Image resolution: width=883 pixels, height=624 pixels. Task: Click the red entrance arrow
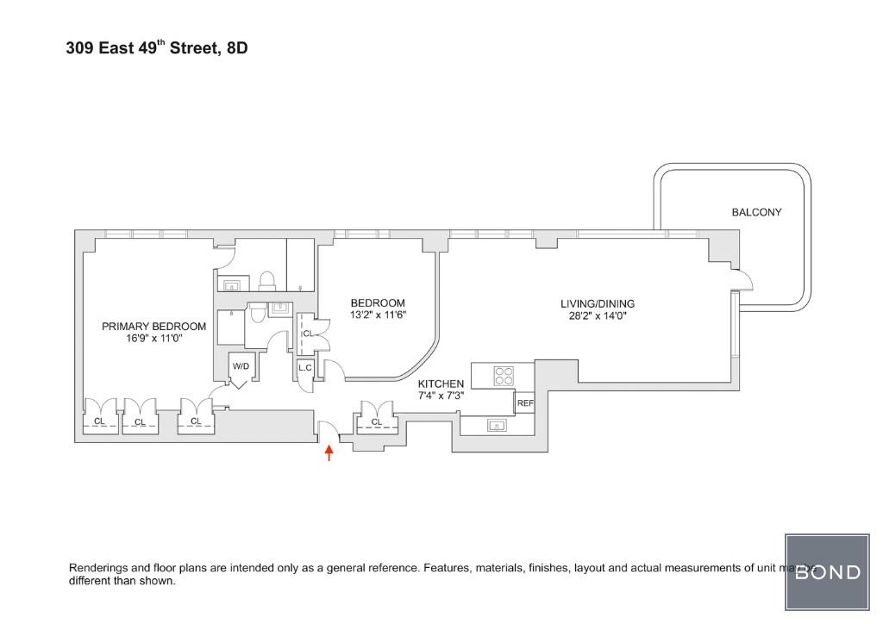pos(329,452)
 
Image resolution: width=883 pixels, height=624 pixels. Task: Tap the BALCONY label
pos(756,212)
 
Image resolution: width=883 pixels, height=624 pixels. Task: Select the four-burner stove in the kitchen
pos(504,377)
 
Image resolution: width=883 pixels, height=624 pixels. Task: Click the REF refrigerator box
pos(524,403)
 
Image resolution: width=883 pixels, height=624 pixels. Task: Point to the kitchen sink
pos(497,424)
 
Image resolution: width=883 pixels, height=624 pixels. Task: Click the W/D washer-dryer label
pos(241,367)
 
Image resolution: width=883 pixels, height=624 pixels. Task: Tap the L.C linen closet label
pos(304,368)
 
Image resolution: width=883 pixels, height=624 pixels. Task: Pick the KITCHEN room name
pos(441,384)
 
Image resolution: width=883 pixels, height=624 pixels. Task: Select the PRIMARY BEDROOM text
pos(153,327)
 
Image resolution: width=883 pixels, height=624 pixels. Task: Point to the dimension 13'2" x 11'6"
pos(378,315)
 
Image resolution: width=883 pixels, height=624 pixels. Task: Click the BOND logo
pos(827,572)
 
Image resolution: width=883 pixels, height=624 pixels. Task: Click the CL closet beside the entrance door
pos(376,421)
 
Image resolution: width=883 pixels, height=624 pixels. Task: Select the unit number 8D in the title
pos(236,48)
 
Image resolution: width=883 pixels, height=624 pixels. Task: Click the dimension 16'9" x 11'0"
pos(153,339)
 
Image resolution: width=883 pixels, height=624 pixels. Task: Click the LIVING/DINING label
pos(597,303)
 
